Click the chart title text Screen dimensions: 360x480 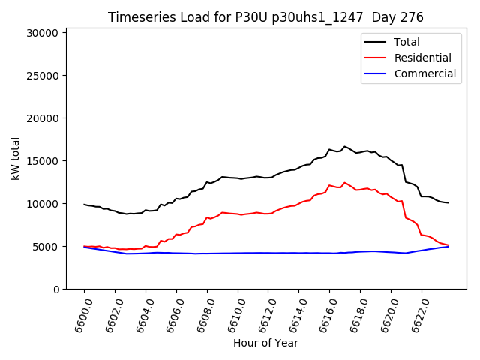[x=265, y=17]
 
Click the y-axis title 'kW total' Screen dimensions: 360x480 [x=16, y=158]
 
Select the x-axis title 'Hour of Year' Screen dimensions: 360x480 [x=265, y=343]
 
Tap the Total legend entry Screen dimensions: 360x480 [x=406, y=42]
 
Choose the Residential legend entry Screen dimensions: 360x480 [x=422, y=58]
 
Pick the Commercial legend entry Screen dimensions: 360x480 [x=424, y=73]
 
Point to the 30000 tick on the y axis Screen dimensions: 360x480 [x=41, y=33]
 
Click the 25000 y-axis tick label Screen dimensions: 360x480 [x=41, y=76]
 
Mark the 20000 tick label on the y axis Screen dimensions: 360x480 [x=41, y=118]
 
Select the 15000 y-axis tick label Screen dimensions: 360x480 [x=41, y=161]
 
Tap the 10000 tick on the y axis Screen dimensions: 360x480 [x=41, y=204]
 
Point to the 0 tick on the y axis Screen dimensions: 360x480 [x=55, y=289]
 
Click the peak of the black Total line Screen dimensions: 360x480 [x=345, y=146]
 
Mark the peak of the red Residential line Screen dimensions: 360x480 [x=345, y=182]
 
